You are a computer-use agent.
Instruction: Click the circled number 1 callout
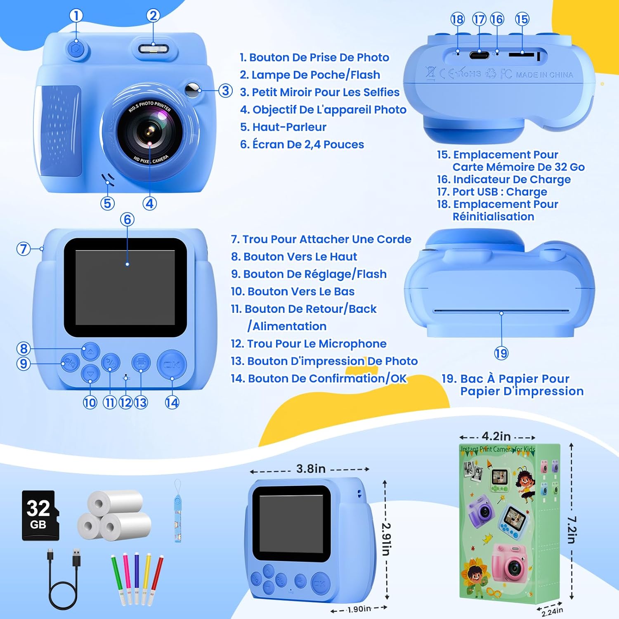pyautogui.click(x=76, y=16)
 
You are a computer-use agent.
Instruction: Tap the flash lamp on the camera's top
pyautogui.click(x=154, y=49)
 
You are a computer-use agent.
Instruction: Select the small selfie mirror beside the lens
pyautogui.click(x=191, y=90)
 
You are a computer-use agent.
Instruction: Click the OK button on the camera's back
pyautogui.click(x=172, y=364)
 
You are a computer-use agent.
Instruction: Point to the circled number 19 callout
pyautogui.click(x=501, y=353)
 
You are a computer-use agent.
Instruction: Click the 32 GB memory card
pyautogui.click(x=40, y=515)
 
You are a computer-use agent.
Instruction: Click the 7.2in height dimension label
pyautogui.click(x=572, y=529)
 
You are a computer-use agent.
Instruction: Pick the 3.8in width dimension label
pyautogui.click(x=311, y=469)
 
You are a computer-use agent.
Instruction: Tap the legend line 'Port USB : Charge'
pyautogui.click(x=492, y=191)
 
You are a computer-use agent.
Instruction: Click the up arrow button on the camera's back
pyautogui.click(x=90, y=351)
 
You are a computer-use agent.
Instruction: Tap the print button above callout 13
pyautogui.click(x=141, y=363)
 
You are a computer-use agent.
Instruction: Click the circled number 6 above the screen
pyautogui.click(x=127, y=220)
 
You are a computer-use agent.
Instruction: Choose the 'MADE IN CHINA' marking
pyautogui.click(x=544, y=75)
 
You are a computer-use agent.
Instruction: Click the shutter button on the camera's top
pyautogui.click(x=76, y=49)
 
